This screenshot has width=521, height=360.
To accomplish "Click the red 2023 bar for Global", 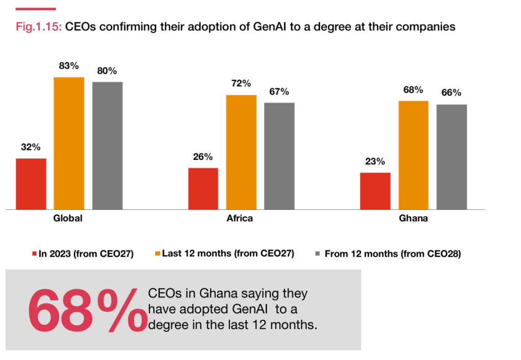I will [x=31, y=184].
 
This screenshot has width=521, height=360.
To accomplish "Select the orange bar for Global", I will [x=69, y=143].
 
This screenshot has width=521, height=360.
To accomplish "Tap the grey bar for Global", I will [x=107, y=146].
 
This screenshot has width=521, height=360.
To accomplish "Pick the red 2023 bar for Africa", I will [x=203, y=188].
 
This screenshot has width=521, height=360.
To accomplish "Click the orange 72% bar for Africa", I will [x=241, y=152].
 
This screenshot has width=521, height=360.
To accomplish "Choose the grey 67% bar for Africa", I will [x=279, y=156].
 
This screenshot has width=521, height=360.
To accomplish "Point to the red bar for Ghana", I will [x=375, y=191].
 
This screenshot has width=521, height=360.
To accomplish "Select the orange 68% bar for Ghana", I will [x=413, y=155].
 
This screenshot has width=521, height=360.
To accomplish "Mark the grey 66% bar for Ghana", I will [x=452, y=157].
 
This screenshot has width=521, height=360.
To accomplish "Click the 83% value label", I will [x=69, y=66].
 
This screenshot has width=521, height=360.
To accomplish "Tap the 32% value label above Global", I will [x=31, y=147].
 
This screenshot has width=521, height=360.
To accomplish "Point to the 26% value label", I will [x=202, y=157].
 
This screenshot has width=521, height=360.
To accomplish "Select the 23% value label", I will [x=375, y=162].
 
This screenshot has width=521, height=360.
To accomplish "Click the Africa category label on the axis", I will [x=240, y=219].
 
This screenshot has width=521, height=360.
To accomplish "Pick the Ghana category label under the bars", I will [x=413, y=219].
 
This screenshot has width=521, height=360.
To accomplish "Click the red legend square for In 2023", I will [x=35, y=254].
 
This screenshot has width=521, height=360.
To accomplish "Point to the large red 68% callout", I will [x=84, y=310].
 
